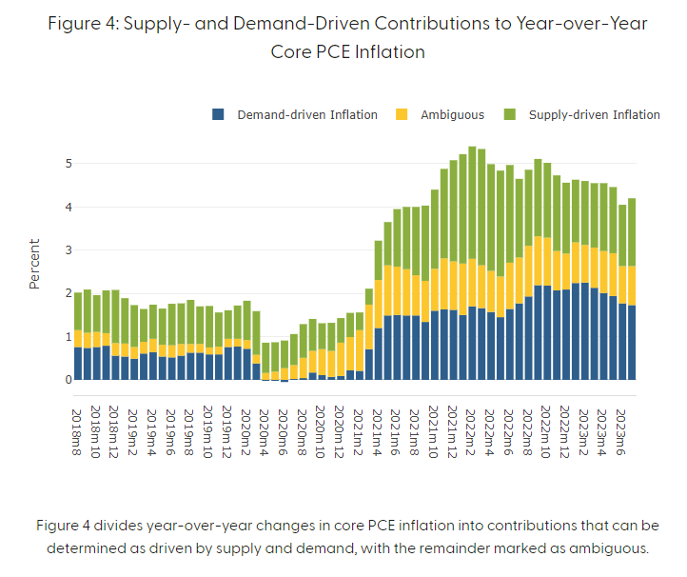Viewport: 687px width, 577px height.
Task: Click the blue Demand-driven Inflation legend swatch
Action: click(x=218, y=115)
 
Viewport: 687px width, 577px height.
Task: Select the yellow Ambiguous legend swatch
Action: click(x=402, y=115)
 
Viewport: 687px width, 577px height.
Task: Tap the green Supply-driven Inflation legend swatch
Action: click(x=510, y=115)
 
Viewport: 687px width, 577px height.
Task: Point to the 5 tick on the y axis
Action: click(x=68, y=164)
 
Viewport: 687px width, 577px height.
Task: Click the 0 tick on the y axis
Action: click(x=68, y=380)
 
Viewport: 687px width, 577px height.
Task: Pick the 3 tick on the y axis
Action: click(x=68, y=250)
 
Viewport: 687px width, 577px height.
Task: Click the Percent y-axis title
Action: click(x=34, y=264)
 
